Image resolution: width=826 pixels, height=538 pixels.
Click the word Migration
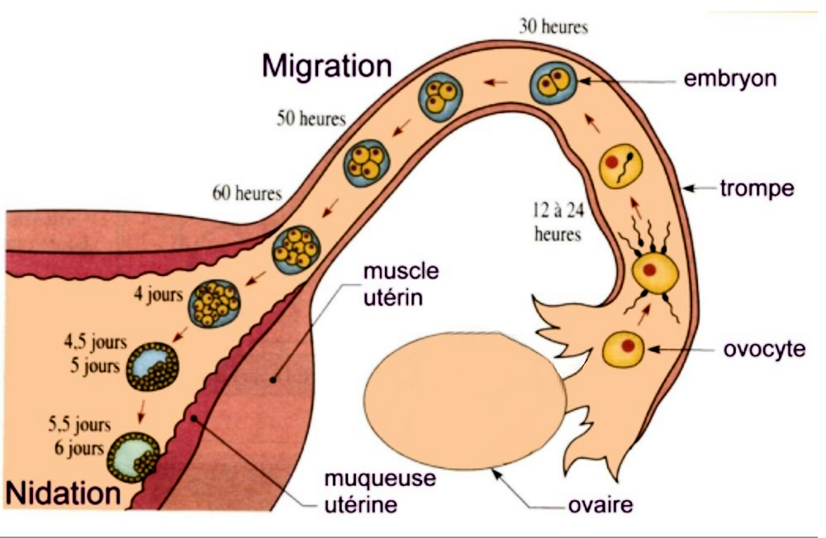click(326, 65)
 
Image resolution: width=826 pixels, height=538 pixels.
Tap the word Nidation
click(64, 493)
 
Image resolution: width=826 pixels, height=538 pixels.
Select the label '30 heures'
click(553, 26)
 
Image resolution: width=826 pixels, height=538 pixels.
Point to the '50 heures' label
click(311, 119)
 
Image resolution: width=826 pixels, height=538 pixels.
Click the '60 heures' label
click(247, 194)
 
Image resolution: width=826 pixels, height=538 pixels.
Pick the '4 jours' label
click(158, 295)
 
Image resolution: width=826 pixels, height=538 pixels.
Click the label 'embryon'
click(730, 80)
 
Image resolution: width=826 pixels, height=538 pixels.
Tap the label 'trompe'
click(757, 188)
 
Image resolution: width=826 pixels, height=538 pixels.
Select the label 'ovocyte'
click(764, 349)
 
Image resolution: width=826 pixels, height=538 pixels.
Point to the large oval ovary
click(465, 400)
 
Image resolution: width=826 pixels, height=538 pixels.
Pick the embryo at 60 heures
click(297, 246)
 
